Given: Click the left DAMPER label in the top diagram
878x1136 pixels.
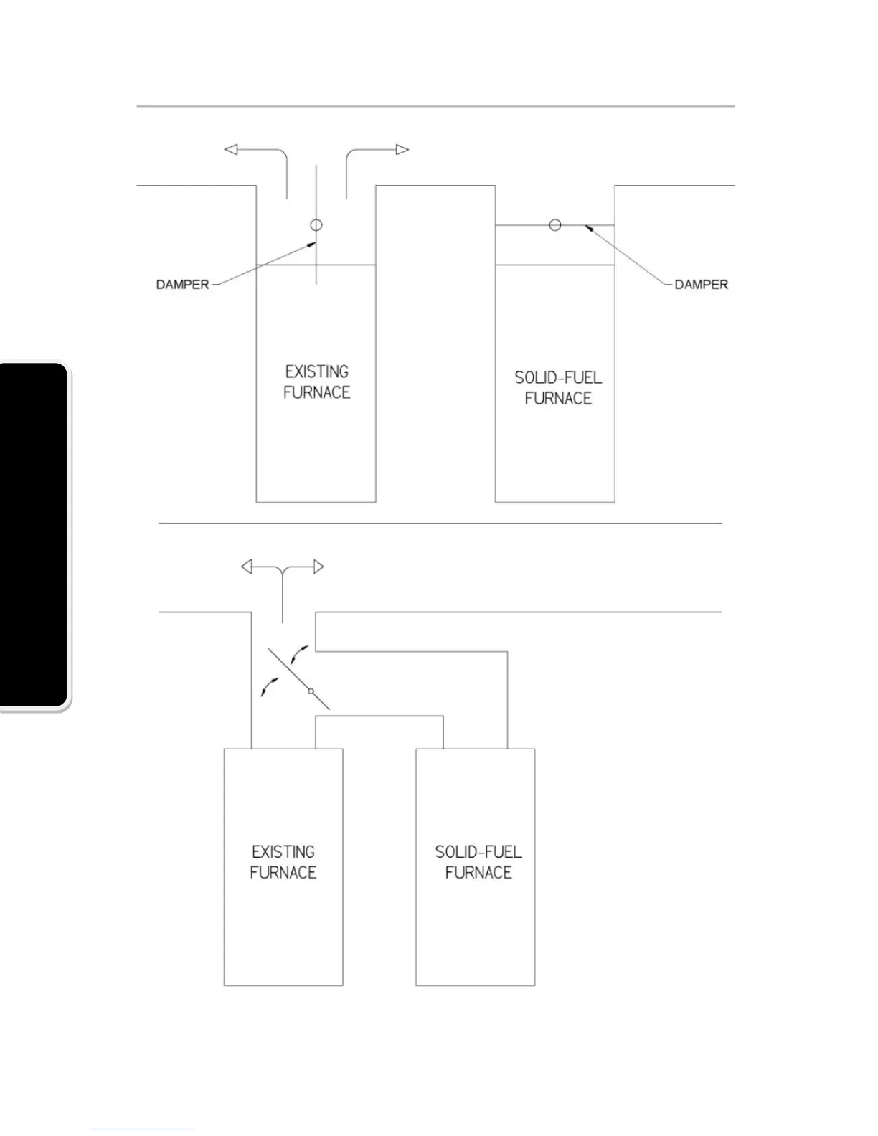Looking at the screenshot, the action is [x=182, y=285].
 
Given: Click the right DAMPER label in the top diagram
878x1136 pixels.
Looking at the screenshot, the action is [x=701, y=285].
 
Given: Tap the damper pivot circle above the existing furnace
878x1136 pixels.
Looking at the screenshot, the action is [x=316, y=225].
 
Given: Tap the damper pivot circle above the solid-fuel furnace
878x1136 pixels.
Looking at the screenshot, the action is [x=554, y=225].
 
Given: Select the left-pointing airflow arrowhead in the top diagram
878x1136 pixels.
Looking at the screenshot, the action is [x=231, y=149].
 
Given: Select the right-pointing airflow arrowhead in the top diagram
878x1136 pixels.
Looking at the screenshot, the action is [x=402, y=149].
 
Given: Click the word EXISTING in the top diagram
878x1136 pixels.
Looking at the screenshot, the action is [x=316, y=371].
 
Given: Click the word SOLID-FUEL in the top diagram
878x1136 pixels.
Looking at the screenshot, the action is [x=558, y=378].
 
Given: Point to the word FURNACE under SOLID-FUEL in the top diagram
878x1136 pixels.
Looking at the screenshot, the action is [x=558, y=399].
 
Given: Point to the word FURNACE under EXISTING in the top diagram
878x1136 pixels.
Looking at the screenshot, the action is [x=316, y=392].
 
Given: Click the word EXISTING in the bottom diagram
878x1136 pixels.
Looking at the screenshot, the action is [x=283, y=852].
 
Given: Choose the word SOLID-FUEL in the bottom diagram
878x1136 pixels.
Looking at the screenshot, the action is [x=478, y=852].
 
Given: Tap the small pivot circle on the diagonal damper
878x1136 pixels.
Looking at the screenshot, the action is [x=311, y=691].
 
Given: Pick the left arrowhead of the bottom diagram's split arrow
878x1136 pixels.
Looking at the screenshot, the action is [x=246, y=567].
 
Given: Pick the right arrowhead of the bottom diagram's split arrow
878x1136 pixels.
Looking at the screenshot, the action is [x=319, y=567].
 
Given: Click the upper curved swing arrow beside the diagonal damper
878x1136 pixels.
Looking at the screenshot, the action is [x=300, y=653].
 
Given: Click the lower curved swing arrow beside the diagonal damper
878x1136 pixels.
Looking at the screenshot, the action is [x=268, y=686].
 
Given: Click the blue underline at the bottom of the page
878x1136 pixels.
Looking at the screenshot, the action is [x=142, y=1130].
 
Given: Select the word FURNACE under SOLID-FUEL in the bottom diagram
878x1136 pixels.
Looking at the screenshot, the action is [x=478, y=873].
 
